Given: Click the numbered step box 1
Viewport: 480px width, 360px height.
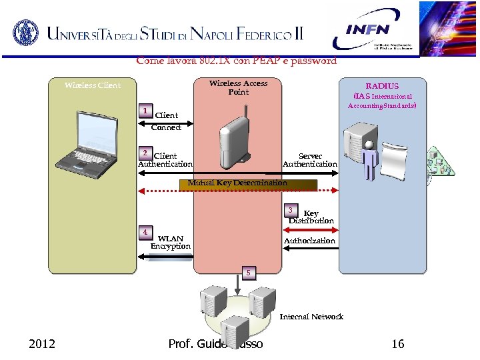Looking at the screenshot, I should [x=144, y=110].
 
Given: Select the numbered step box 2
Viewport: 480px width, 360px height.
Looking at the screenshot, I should [x=144, y=153].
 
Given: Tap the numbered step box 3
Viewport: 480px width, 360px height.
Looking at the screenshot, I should [x=291, y=210].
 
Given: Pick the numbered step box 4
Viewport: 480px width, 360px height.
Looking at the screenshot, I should [x=144, y=232].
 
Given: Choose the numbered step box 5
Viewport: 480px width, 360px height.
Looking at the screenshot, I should [x=248, y=273].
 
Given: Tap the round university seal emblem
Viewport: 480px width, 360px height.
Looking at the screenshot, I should [x=26, y=31].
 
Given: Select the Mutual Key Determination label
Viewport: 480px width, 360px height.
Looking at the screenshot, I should [x=237, y=183].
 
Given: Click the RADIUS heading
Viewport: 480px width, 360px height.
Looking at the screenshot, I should [x=382, y=86].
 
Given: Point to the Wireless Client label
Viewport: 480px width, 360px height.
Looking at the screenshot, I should [x=93, y=85].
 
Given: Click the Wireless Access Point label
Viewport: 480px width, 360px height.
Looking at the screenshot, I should [x=238, y=87].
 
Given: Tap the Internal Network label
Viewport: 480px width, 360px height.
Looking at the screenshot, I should [x=311, y=317].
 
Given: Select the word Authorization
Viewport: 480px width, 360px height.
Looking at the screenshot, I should [x=309, y=241].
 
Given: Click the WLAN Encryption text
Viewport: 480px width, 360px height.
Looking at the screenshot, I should [x=171, y=242].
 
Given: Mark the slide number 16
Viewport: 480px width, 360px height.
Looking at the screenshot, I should [x=398, y=344].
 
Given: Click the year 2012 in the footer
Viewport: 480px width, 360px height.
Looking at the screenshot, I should [x=42, y=344].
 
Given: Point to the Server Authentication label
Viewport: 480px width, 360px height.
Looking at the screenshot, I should [x=310, y=160].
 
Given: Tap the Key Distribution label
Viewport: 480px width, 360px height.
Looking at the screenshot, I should [x=311, y=217].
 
